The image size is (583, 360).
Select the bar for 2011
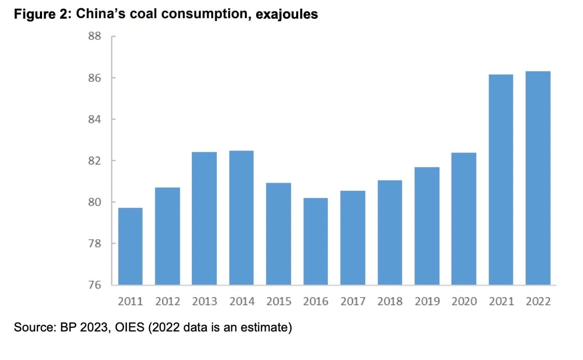pyautogui.click(x=130, y=246)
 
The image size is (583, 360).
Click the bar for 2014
pyautogui.click(x=241, y=218)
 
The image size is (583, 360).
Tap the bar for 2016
pyautogui.click(x=315, y=241)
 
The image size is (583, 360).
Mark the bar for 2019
pyautogui.click(x=427, y=226)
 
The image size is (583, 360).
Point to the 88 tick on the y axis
pyautogui.click(x=94, y=37)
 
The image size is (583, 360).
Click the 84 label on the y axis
pyautogui.click(x=94, y=119)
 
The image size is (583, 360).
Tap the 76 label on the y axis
pyautogui.click(x=94, y=285)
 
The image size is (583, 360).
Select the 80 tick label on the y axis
pyautogui.click(x=94, y=202)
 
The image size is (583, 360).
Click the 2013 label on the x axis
pyautogui.click(x=204, y=301)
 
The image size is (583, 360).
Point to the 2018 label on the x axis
pyautogui.click(x=390, y=301)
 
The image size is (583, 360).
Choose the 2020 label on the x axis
pyautogui.click(x=464, y=301)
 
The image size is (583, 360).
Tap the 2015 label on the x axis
pyautogui.click(x=279, y=301)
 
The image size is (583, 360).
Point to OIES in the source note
pyautogui.click(x=126, y=328)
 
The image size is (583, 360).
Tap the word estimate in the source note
pyautogui.click(x=266, y=328)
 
